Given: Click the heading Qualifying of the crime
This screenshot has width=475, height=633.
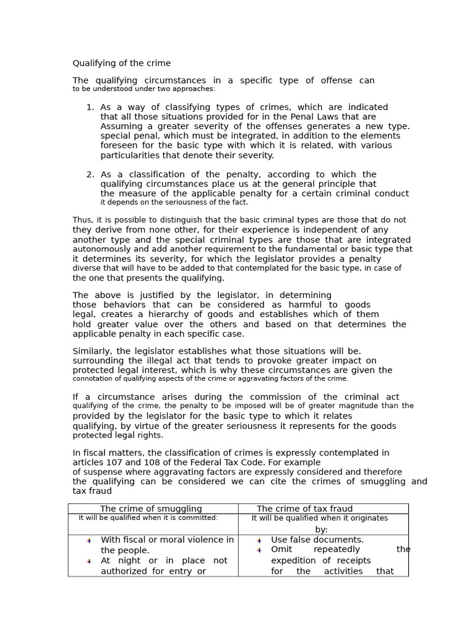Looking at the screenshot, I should (x=121, y=64).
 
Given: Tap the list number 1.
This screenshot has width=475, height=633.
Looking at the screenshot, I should (x=90, y=108).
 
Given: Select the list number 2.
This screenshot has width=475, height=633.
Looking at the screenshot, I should (x=90, y=175).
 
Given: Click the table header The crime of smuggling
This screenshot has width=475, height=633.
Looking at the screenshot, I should (x=151, y=509).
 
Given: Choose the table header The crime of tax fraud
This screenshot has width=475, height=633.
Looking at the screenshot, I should (x=304, y=509).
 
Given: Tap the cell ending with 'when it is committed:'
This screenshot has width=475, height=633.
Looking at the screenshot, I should (x=148, y=518).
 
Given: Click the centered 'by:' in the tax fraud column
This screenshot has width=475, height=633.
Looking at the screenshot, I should (x=321, y=530).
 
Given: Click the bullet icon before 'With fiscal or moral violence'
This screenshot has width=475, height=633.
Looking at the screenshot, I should (x=89, y=541).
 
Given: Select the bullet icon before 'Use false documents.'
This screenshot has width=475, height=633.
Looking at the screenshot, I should (x=259, y=541).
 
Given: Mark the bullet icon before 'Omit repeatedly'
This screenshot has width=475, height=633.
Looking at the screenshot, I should (x=259, y=550).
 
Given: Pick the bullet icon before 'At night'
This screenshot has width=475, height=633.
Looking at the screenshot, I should (x=89, y=561).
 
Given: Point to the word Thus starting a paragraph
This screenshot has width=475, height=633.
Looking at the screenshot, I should (x=82, y=220).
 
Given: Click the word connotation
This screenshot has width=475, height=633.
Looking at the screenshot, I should (x=95, y=379).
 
